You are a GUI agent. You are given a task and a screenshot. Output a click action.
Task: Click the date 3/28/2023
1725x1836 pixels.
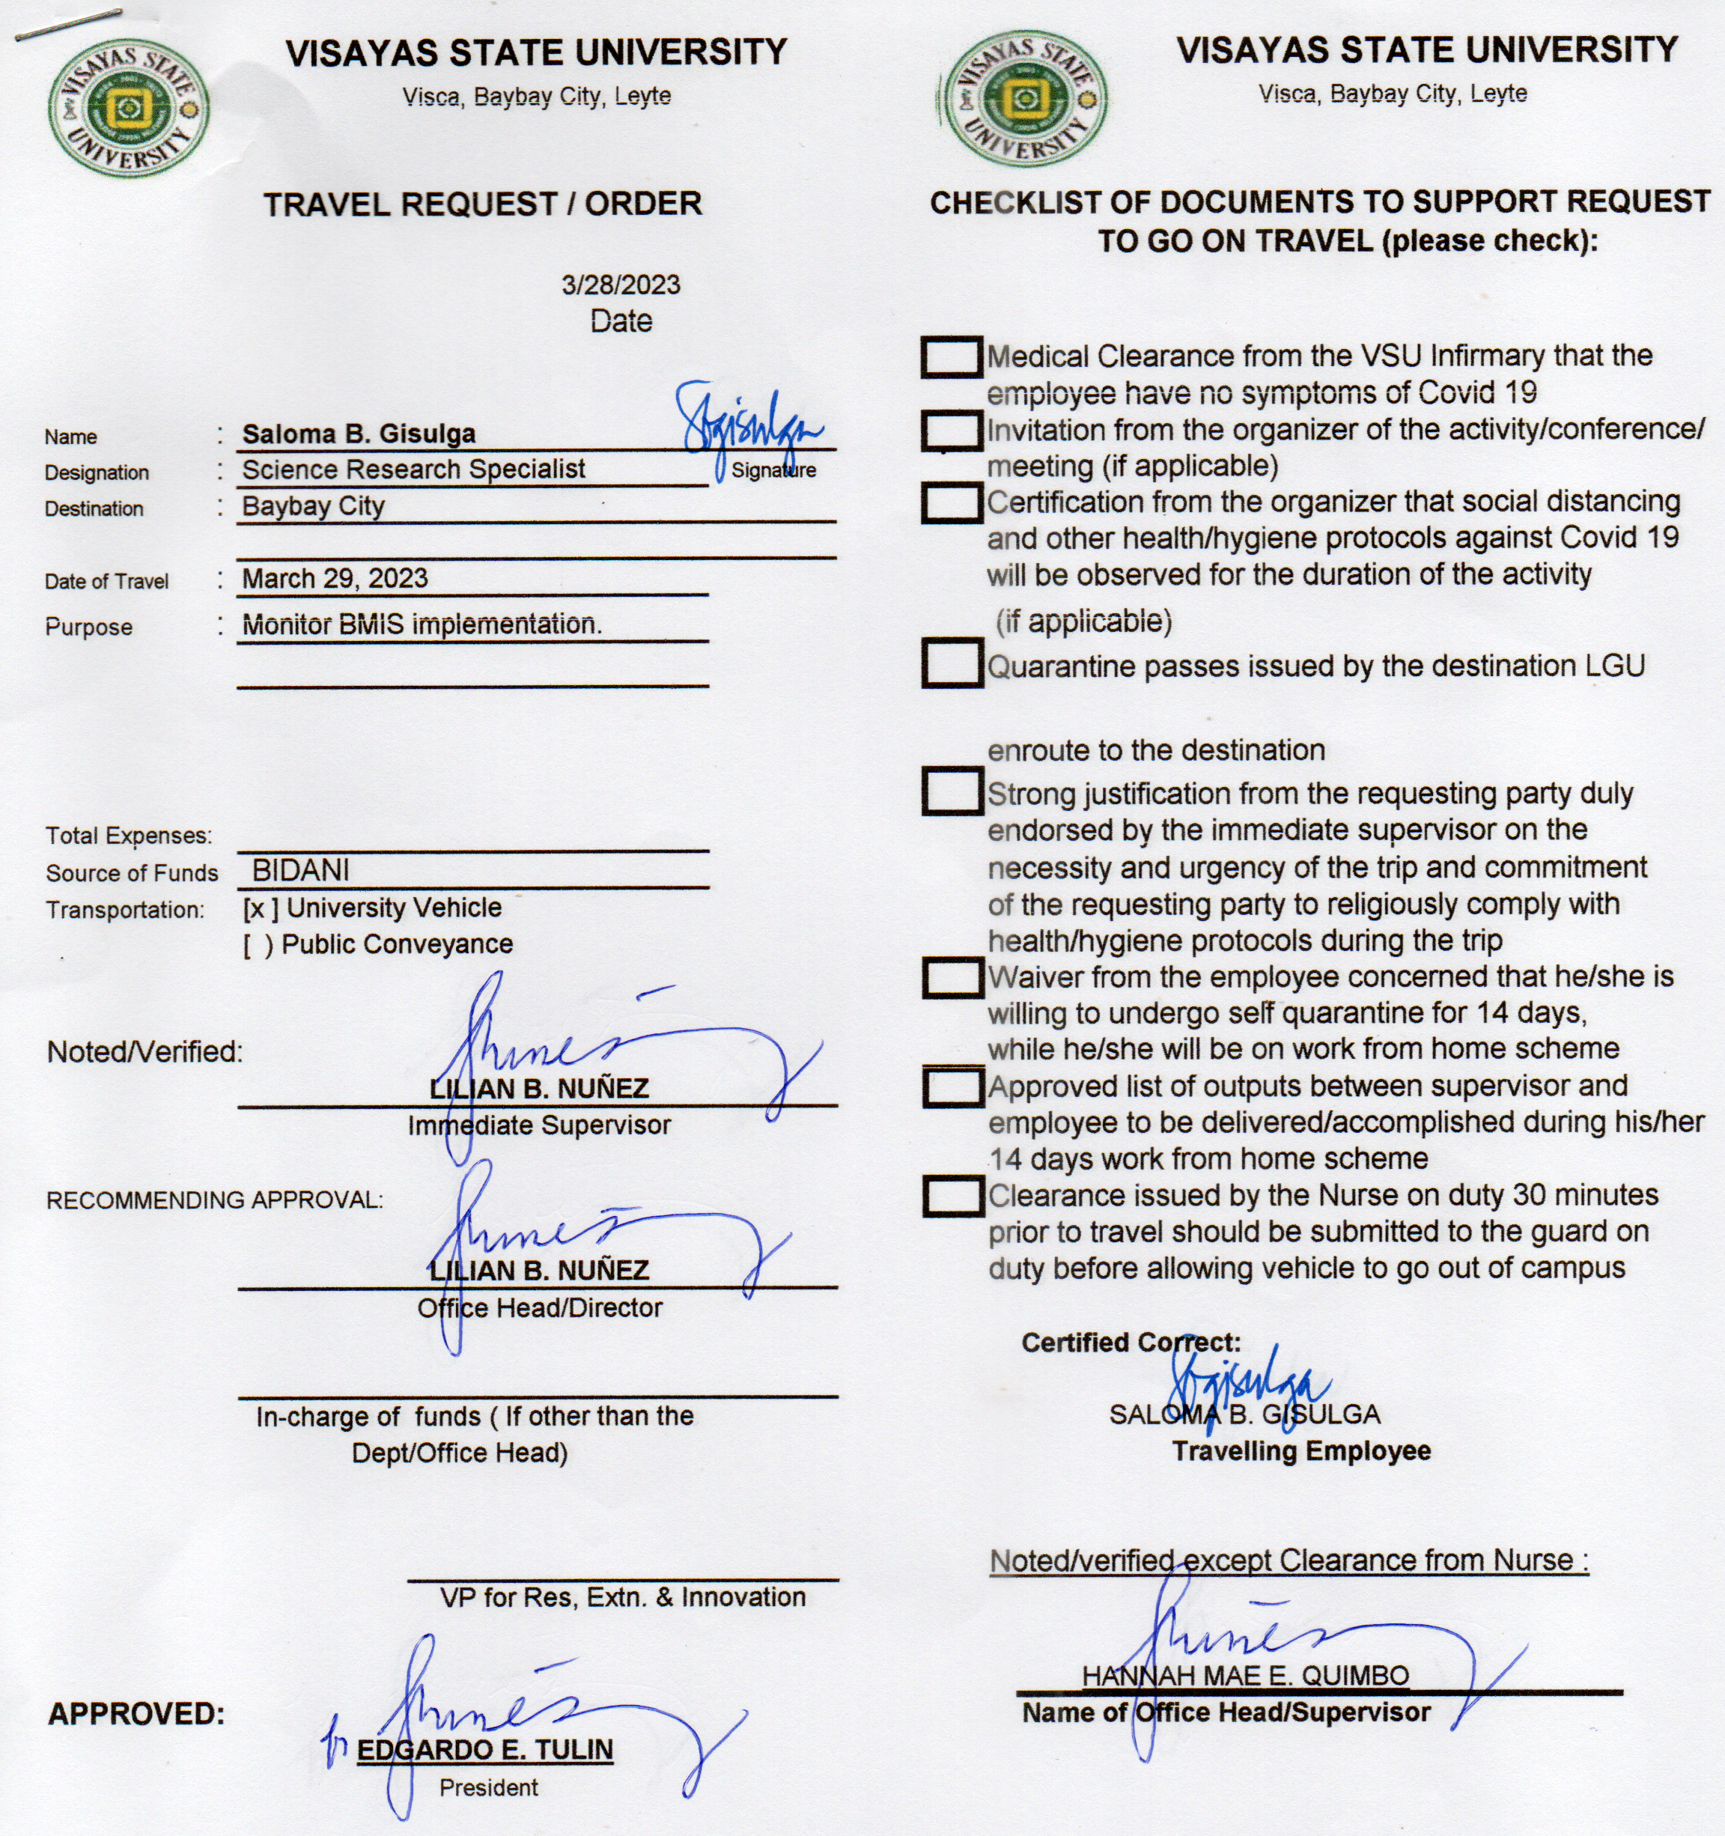click(621, 285)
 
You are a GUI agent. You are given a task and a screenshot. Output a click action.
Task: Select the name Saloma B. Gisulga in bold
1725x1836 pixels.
click(359, 433)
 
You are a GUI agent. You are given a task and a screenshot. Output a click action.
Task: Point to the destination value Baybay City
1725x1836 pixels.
click(313, 506)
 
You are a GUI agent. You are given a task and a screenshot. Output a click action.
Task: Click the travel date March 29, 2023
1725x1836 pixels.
click(334, 578)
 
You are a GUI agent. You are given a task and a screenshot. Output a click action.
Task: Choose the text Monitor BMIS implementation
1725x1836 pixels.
click(421, 624)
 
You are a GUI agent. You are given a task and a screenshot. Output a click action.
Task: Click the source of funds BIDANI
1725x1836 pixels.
click(300, 870)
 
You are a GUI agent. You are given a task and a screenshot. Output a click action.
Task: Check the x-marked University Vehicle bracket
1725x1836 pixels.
click(261, 909)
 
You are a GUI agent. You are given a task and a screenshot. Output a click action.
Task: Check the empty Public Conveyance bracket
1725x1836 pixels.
click(258, 946)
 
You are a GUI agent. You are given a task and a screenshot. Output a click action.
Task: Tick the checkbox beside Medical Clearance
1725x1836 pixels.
click(950, 356)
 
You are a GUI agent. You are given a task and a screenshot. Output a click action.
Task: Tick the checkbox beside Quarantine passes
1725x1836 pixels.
click(951, 663)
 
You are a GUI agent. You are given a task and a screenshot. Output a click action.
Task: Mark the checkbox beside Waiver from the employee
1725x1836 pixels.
click(952, 977)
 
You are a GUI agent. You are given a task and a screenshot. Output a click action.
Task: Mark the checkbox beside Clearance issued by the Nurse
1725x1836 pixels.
click(952, 1196)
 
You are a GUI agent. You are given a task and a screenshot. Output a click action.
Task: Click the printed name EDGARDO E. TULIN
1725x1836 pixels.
click(485, 1749)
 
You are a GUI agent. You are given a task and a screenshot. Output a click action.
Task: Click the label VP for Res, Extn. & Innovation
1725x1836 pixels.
click(622, 1597)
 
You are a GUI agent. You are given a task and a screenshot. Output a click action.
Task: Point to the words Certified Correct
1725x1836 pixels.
click(1131, 1342)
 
